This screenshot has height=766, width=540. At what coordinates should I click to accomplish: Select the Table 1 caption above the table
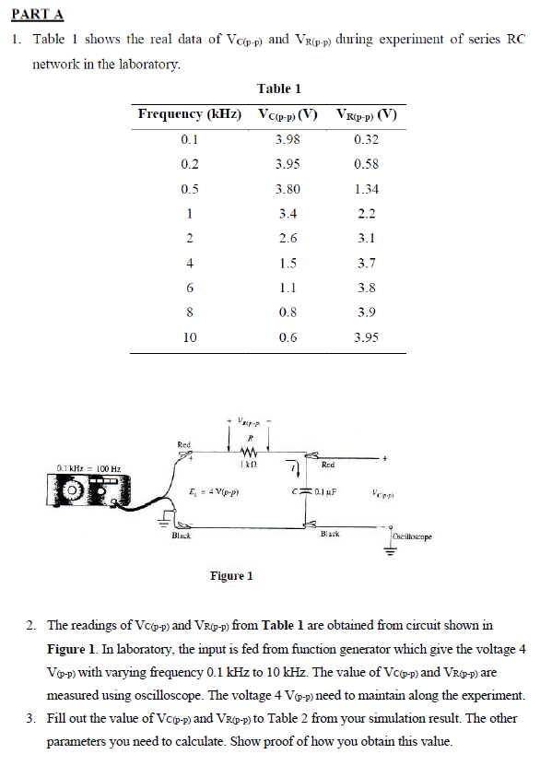tap(279, 88)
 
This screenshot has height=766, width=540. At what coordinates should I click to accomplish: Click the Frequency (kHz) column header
tap(190, 114)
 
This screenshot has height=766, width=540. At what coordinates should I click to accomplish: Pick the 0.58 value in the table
tap(366, 164)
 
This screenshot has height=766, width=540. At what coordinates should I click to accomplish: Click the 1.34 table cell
tap(366, 189)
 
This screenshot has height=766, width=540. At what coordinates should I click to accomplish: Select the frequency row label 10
tap(190, 337)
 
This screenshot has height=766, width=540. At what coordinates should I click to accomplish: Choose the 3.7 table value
tap(366, 264)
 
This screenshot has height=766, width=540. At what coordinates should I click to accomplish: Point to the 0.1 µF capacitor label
tap(328, 492)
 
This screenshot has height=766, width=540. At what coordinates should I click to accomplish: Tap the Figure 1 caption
tap(230, 576)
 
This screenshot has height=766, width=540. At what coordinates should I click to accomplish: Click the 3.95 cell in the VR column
tap(366, 337)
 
